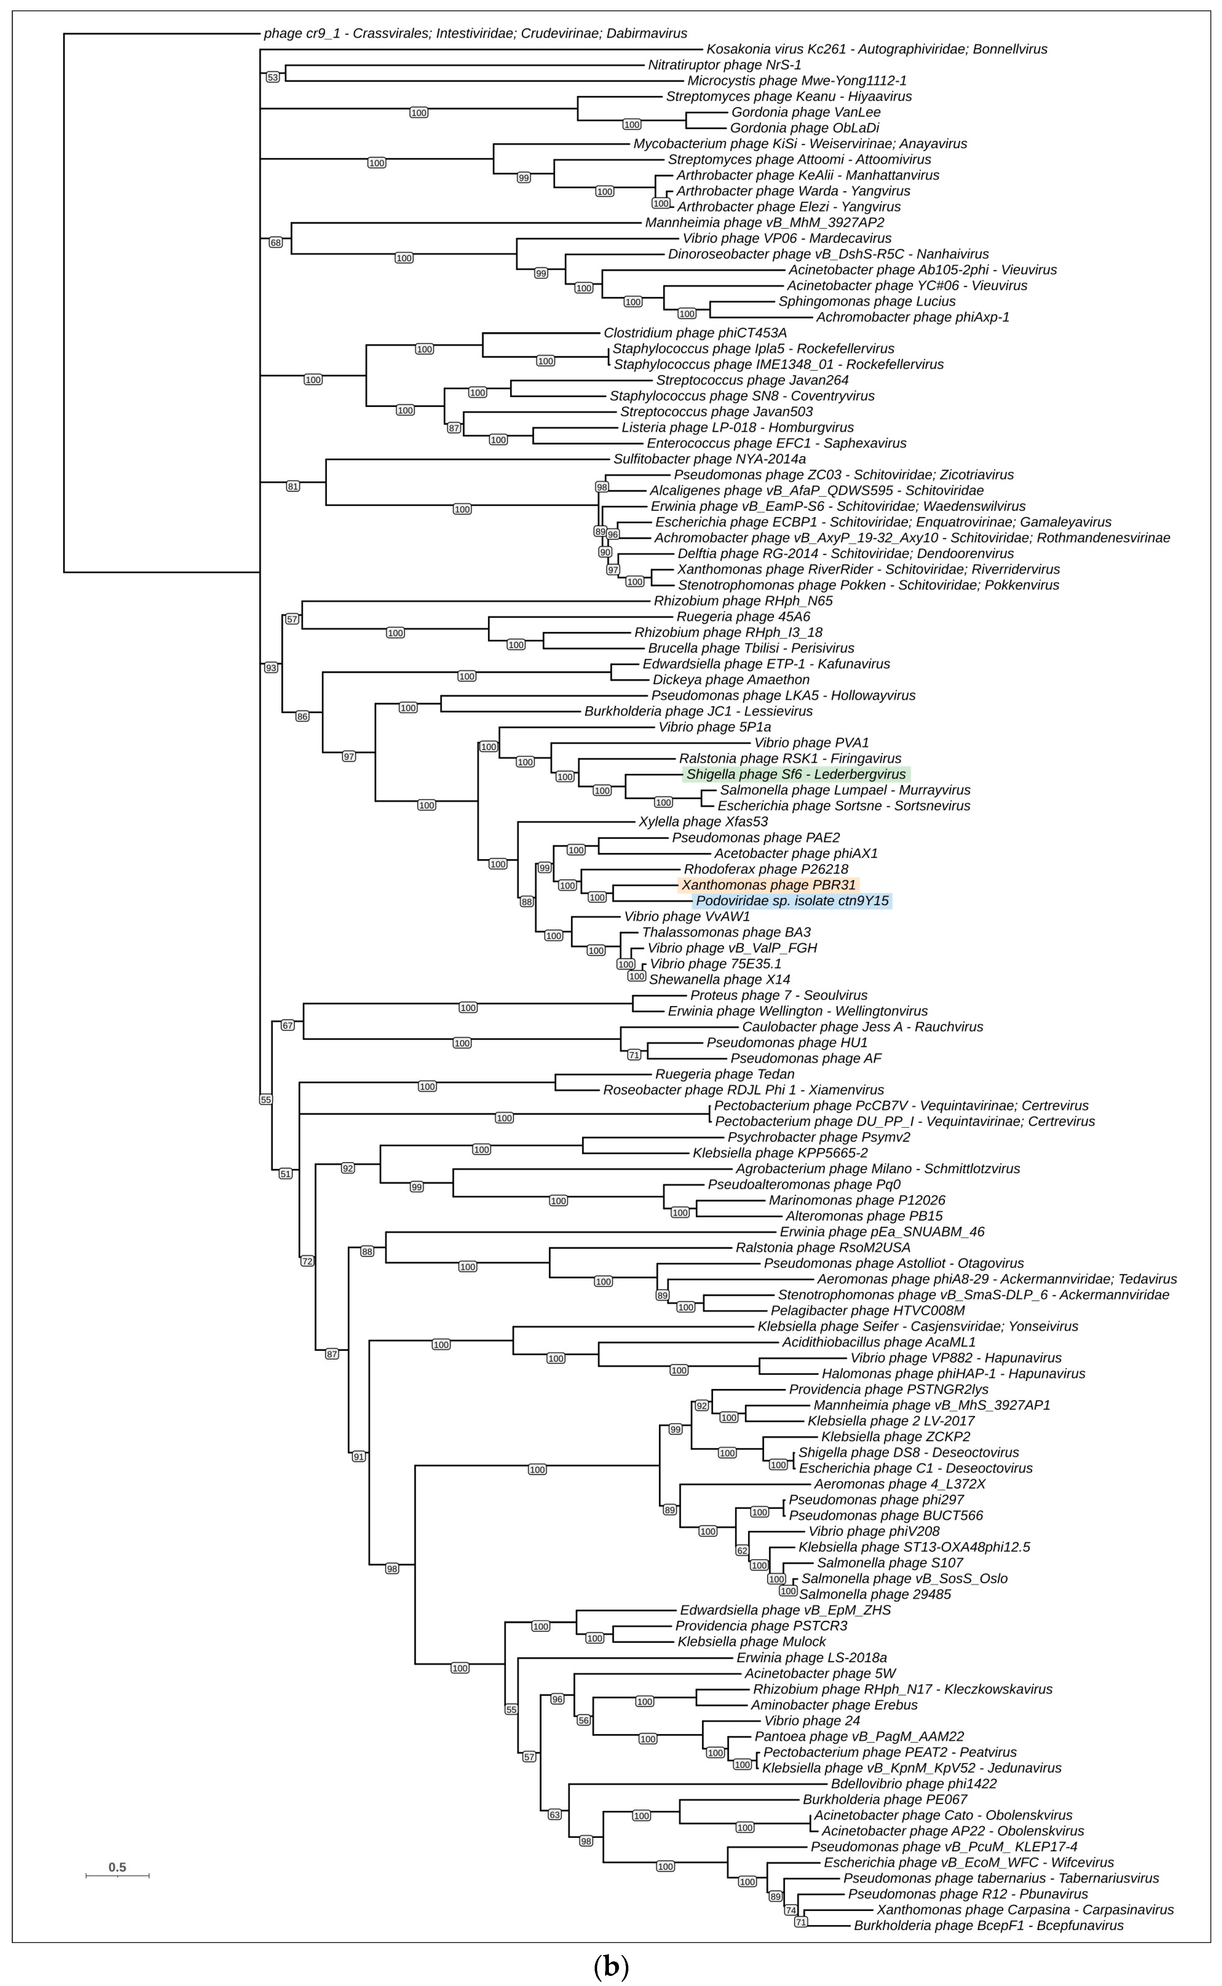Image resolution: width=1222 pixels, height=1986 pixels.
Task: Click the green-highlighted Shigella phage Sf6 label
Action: point(796,774)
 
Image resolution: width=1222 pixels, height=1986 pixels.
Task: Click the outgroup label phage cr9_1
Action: point(475,33)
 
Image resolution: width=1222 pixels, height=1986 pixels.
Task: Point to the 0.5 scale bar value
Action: point(117,1867)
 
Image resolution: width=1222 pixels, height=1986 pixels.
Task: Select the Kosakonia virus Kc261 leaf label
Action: point(876,49)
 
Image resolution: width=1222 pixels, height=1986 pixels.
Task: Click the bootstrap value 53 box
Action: point(272,77)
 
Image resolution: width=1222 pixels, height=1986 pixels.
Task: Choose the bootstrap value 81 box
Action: point(292,486)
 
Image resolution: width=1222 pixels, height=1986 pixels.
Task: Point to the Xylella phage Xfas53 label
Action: point(703,822)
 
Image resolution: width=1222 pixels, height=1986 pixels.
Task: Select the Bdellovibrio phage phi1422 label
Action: point(913,1783)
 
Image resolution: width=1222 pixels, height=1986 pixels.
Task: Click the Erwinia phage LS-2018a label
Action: point(812,1657)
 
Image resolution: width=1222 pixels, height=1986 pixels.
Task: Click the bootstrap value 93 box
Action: point(271,667)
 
